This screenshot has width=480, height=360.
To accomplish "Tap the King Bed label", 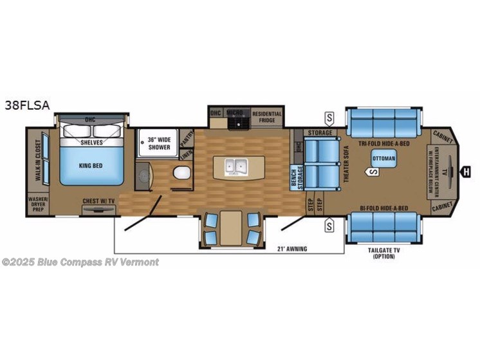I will point(92,165).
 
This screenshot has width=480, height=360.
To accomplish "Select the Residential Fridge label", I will point(266,116).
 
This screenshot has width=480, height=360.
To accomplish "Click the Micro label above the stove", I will point(234,112).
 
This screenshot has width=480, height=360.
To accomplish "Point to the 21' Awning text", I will point(292,248).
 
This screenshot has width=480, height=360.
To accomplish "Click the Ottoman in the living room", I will point(383,158).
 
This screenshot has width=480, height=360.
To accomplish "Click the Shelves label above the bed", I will point(91,142).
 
